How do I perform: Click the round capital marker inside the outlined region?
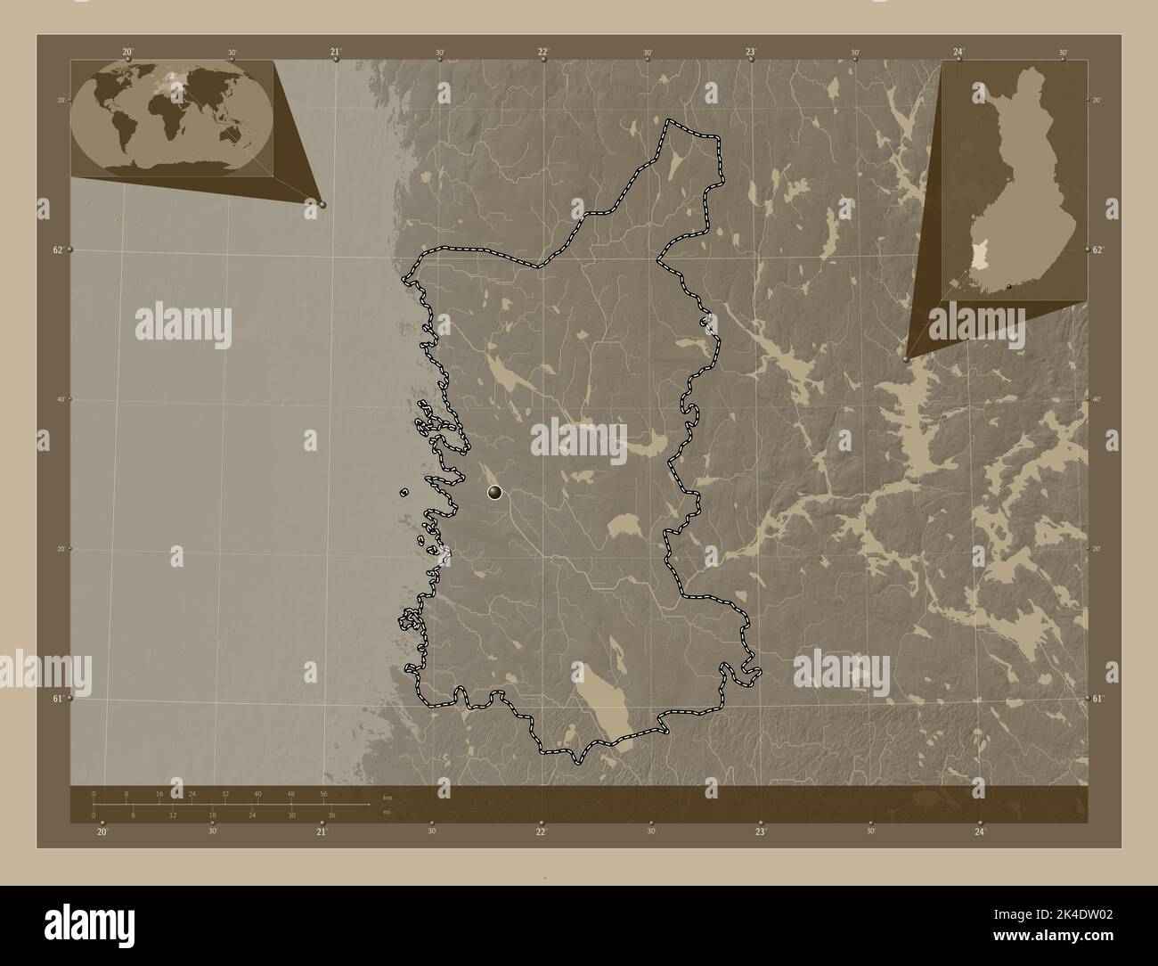pos(494,492)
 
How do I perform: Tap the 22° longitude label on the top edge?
pos(542,53)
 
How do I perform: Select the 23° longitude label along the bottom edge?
pos(760,831)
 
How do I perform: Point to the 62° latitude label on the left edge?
pos(58,250)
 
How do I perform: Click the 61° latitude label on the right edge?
pos(1098,699)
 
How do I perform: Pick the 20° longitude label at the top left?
pos(128,53)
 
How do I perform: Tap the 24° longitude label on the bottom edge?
pos(979,831)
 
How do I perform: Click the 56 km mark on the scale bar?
pos(324,793)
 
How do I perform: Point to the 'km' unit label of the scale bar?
pos(387,798)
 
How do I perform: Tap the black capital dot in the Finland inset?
pos(1008,286)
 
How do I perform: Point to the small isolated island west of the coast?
pos(404,492)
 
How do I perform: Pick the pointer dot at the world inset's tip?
pos(322,204)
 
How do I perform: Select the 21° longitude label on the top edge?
pos(335,53)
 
